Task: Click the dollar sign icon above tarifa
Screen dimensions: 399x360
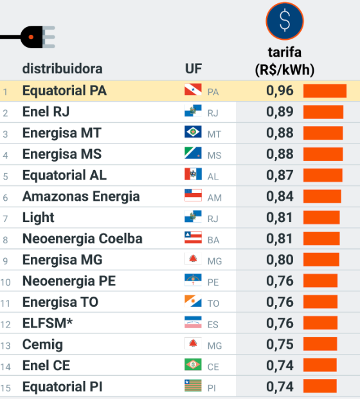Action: coord(284,20)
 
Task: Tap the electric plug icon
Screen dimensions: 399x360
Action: coord(36,37)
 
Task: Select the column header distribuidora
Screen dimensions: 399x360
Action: coord(62,69)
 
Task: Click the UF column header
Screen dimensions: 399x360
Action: coord(194,69)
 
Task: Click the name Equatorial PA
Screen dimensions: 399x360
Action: coord(64,91)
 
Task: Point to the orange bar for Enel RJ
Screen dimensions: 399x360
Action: coord(323,112)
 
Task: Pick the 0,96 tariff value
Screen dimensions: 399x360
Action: coord(280,91)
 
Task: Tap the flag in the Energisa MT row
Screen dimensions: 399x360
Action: coord(192,133)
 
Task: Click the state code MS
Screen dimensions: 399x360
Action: coord(214,156)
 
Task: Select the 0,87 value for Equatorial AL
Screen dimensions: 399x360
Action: coord(280,176)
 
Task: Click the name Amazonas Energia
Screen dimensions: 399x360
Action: coord(81,197)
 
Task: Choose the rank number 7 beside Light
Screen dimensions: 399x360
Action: coord(6,219)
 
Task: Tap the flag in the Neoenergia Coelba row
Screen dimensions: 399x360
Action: coord(192,239)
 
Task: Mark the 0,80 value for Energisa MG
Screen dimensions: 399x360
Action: coord(280,260)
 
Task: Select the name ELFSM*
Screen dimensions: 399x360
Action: coord(48,324)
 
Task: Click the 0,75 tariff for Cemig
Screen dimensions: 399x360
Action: coord(280,344)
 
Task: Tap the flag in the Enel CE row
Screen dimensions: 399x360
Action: coord(192,366)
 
